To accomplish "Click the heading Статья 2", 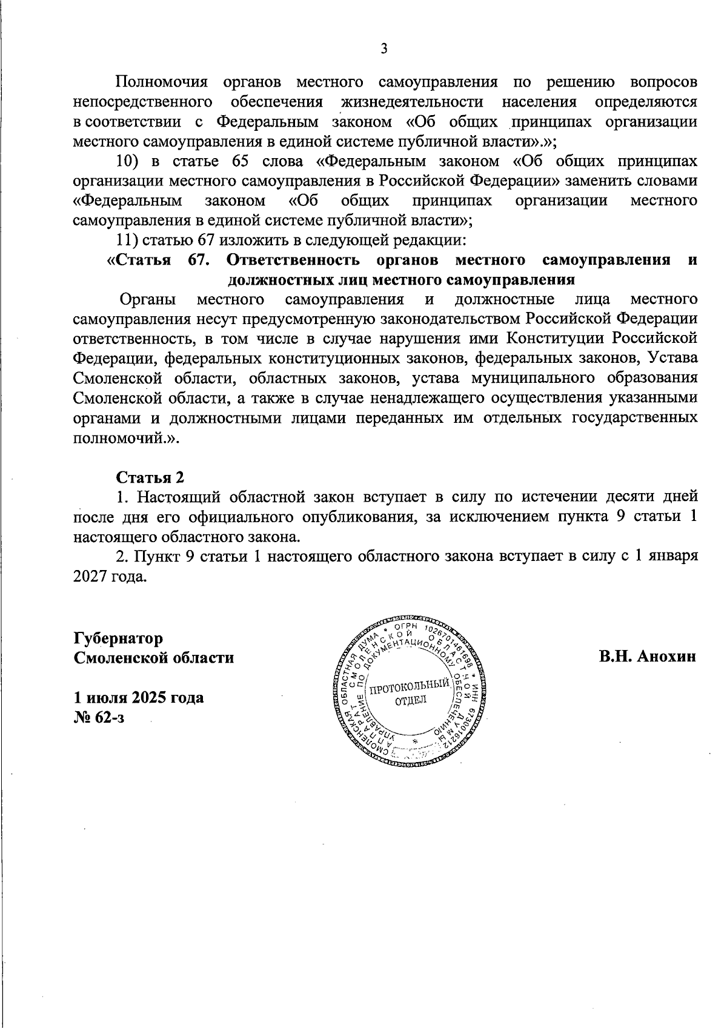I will (150, 477).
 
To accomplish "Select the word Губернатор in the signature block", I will (118, 638).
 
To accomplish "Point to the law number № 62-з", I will (99, 717).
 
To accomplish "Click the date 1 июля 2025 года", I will (139, 697).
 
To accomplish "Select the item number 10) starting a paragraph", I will (128, 161).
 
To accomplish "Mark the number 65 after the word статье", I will (233, 161).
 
